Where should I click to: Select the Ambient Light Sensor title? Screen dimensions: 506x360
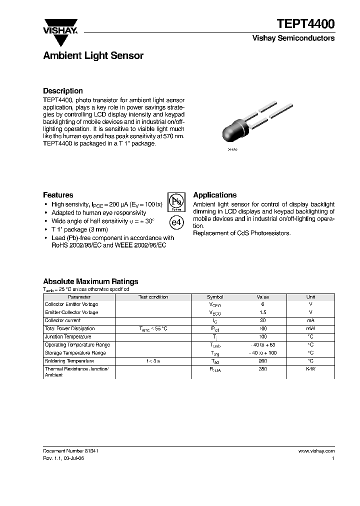[x=93, y=55]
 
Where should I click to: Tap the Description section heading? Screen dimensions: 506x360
[x=62, y=90]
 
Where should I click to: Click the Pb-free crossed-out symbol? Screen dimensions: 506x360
[x=175, y=202]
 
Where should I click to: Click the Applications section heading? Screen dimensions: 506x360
[x=214, y=195]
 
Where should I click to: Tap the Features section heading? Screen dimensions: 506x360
[x=58, y=195]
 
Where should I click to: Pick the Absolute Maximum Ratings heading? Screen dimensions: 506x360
[x=90, y=281]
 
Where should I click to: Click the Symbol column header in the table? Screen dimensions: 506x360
[x=215, y=297]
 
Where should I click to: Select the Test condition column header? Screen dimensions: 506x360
[x=153, y=297]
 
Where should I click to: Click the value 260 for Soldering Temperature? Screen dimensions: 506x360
[x=263, y=361]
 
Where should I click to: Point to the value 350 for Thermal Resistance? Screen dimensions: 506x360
[x=263, y=369]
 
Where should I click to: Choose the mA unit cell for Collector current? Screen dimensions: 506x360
[x=310, y=320]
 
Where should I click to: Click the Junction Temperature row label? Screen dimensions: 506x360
[x=68, y=336]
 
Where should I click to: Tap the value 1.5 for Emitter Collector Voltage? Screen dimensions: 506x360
[x=263, y=312]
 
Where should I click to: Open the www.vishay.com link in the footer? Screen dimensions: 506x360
[x=316, y=451]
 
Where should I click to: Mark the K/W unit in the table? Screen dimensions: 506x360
[x=310, y=369]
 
